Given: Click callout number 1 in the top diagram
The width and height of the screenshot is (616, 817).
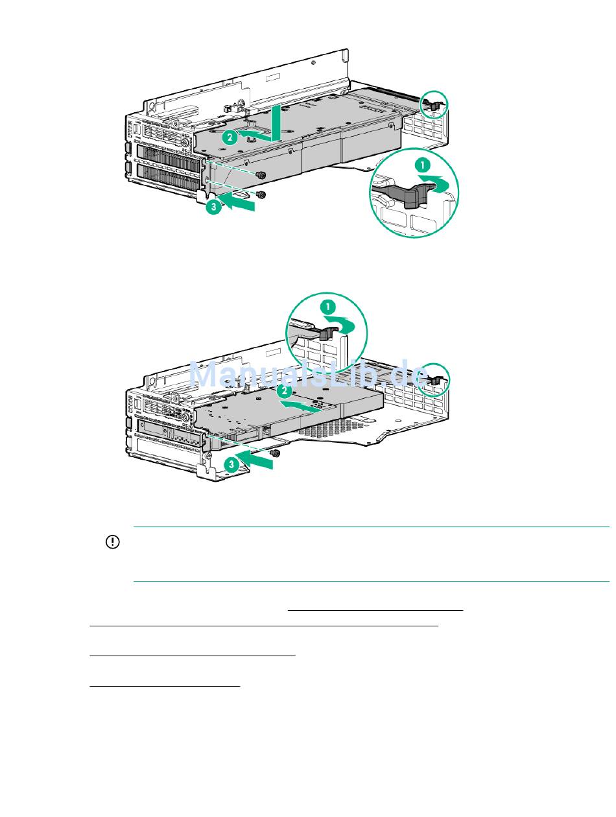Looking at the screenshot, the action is (x=422, y=165).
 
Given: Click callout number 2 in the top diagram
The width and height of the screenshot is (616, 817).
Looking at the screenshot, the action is (x=230, y=137).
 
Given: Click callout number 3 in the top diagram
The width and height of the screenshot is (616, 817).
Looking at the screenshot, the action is (x=213, y=206).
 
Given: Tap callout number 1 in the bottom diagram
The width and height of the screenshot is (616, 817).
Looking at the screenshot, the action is (x=327, y=307).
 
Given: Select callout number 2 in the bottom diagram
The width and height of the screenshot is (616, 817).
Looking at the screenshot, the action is (x=285, y=391).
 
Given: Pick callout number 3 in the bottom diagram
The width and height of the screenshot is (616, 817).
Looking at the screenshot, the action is (x=231, y=464).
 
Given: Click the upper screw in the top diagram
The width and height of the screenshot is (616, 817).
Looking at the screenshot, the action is (x=261, y=175).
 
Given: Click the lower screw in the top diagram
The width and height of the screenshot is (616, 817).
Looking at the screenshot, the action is (x=261, y=195).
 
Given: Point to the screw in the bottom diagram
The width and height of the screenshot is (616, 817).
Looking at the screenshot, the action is (x=275, y=453).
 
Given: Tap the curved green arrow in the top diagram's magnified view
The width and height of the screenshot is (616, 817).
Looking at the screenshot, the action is (x=434, y=183).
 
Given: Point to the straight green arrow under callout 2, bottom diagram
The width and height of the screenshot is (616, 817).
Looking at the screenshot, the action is (x=300, y=407).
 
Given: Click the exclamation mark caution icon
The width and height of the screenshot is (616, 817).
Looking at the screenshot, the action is (x=112, y=542).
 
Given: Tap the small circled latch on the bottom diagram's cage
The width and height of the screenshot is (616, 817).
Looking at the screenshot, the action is (x=434, y=380).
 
